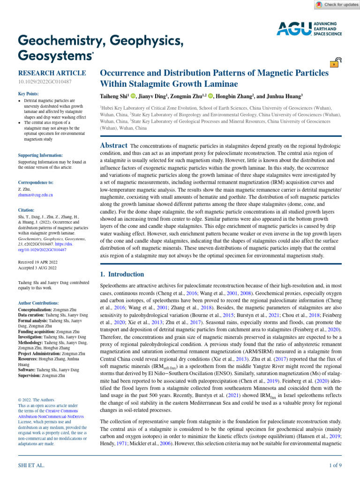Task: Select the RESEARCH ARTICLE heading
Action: coord(52,73)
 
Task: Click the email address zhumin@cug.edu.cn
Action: coord(35,194)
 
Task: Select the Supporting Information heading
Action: coord(40,155)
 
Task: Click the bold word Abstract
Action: coord(114,146)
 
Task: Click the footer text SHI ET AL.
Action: coord(31,465)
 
